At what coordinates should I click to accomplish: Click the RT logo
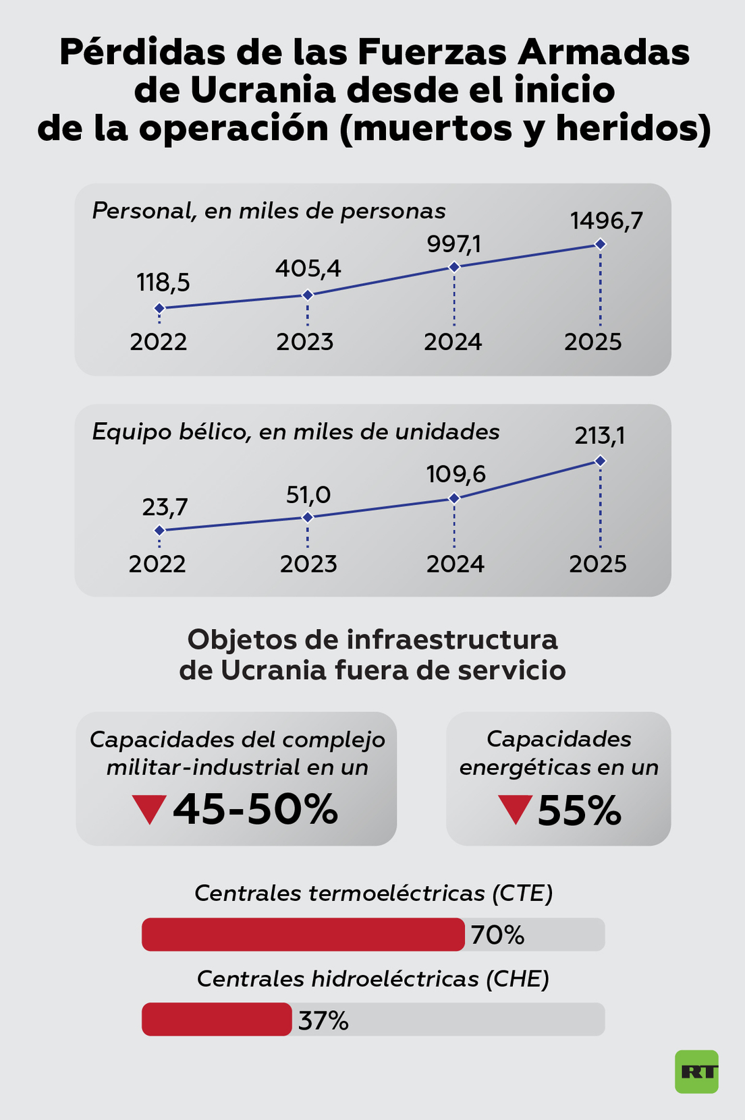click(x=696, y=1071)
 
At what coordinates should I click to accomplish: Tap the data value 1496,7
click(x=606, y=221)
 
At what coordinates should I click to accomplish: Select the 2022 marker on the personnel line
click(x=159, y=308)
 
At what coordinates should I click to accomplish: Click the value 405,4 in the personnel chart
click(x=308, y=269)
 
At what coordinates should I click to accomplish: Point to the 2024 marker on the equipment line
click(x=454, y=498)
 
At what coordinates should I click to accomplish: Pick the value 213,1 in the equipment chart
click(x=599, y=436)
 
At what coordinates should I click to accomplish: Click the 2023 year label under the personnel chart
click(x=305, y=342)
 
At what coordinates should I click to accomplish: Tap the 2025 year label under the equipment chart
click(x=597, y=564)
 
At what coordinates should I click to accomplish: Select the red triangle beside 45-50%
click(x=149, y=809)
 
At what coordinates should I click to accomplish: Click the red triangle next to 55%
click(x=515, y=809)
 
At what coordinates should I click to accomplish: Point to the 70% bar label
click(x=497, y=935)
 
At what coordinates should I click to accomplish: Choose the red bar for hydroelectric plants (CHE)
click(x=217, y=1020)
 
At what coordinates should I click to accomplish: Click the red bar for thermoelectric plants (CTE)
click(x=303, y=935)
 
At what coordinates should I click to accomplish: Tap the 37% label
click(x=323, y=1021)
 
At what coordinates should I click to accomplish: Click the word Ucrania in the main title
click(x=263, y=90)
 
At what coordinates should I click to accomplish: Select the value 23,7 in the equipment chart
click(x=165, y=507)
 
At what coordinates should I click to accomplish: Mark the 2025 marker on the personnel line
click(x=600, y=244)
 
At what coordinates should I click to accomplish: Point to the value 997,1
click(x=453, y=243)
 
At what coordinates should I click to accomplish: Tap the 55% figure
click(x=579, y=810)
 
